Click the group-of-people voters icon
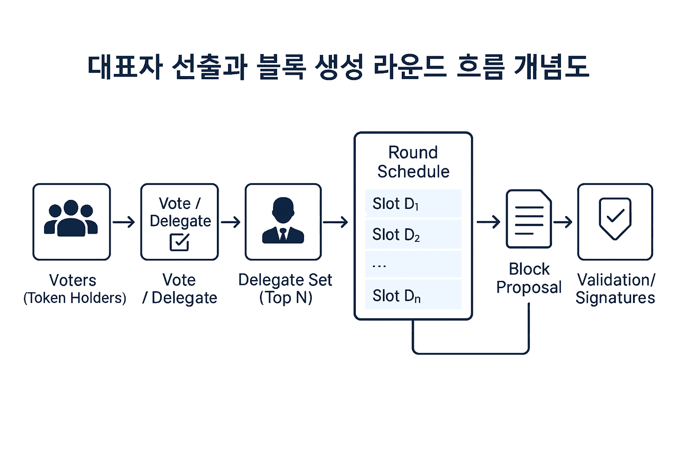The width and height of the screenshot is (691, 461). point(71,219)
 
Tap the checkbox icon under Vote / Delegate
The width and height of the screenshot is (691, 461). point(179,242)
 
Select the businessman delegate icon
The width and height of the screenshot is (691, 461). point(283,221)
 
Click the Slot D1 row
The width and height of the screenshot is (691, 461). point(413,204)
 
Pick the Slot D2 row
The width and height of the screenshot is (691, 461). point(413,235)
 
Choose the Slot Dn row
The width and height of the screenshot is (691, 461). point(413,295)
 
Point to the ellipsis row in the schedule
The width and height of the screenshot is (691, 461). point(413,265)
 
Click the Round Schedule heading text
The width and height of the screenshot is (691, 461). point(413,162)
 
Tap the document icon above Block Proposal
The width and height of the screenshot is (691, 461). point(529,219)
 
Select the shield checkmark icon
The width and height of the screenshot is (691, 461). point(615,219)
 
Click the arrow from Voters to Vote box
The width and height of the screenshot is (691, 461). point(124,222)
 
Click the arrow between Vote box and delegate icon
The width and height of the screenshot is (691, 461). point(231,222)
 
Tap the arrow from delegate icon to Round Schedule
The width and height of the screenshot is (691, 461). point(336,222)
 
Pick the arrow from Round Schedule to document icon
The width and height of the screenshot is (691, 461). point(489,222)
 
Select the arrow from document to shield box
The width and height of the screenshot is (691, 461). point(563,222)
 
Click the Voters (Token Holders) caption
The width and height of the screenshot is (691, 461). point(74,289)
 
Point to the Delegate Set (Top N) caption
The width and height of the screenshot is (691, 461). point(285,289)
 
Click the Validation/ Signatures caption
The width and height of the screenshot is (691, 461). point(615,289)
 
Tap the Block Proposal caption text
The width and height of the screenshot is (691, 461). point(529,278)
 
